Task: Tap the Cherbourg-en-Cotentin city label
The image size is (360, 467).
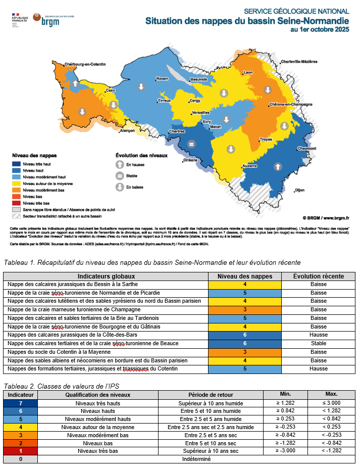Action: coord(85,64)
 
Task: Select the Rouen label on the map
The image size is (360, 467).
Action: coord(162,79)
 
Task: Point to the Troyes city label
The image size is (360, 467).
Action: coord(266,139)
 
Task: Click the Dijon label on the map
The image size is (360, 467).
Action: coord(300,190)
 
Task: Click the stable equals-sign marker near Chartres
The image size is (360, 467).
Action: coord(191,145)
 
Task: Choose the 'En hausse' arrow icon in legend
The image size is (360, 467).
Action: coord(120,165)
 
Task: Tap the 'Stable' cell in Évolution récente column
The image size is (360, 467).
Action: coord(319,344)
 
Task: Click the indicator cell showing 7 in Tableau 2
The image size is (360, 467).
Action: coord(21,403)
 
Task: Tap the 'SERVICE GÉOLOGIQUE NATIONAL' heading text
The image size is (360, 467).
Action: coord(296,11)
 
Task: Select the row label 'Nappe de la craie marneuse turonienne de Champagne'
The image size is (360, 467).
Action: coord(74,309)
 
